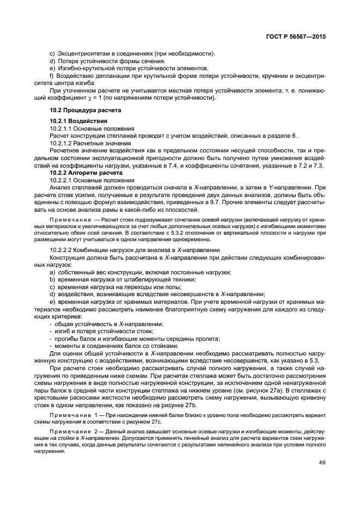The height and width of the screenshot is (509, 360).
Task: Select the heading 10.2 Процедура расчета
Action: pyautogui.click(x=82, y=109)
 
